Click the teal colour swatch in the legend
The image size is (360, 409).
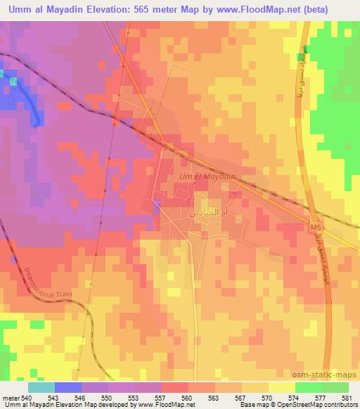pos(41,388)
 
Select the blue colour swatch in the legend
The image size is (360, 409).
pos(67,388)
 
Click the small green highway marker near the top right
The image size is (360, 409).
pos(302,55)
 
